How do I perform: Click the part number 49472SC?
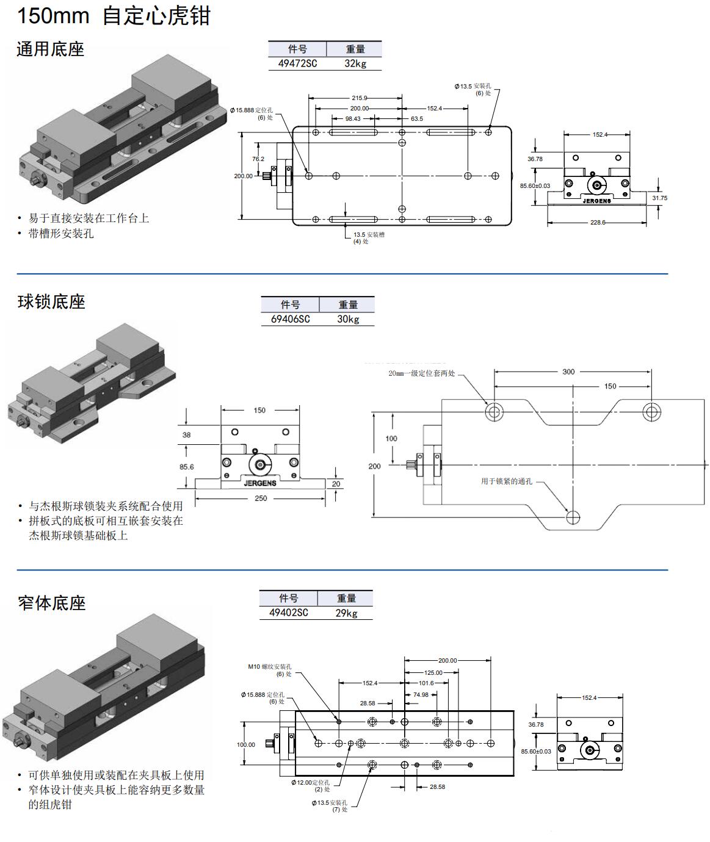(x=297, y=63)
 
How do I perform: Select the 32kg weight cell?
(x=355, y=63)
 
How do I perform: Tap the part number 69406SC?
(x=290, y=319)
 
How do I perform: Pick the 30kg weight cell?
(x=348, y=319)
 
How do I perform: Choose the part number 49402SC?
(x=288, y=613)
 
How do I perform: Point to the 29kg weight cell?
(x=346, y=613)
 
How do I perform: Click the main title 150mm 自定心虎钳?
(x=114, y=16)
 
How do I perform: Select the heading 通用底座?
(x=50, y=49)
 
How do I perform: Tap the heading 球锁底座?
(x=51, y=302)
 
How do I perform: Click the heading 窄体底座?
(x=52, y=603)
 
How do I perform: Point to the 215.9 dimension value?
(x=360, y=98)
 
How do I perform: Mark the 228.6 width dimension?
(x=598, y=223)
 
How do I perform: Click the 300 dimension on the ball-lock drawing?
(x=568, y=372)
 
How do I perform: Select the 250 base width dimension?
(x=260, y=498)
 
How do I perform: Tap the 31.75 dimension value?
(x=659, y=198)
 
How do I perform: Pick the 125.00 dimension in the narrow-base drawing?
(x=433, y=672)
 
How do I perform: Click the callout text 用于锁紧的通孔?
(x=507, y=481)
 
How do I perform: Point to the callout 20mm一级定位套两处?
(x=422, y=373)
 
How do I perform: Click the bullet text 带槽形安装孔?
(x=61, y=234)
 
